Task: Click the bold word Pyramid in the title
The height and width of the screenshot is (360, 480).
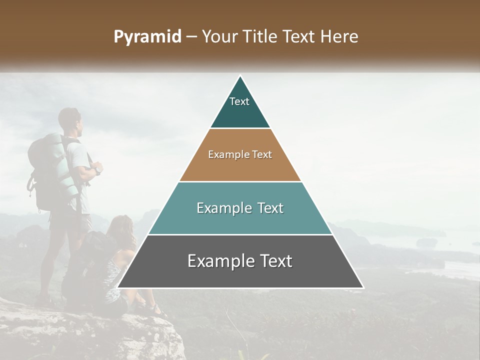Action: click(x=147, y=37)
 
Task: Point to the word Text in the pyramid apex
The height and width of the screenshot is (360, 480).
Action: click(x=239, y=101)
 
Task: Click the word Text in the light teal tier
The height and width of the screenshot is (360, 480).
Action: click(x=267, y=208)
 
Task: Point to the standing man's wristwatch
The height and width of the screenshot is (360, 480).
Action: click(x=98, y=170)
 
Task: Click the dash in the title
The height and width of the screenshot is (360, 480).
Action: click(x=191, y=37)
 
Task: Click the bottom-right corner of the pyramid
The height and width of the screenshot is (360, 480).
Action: click(x=362, y=287)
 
